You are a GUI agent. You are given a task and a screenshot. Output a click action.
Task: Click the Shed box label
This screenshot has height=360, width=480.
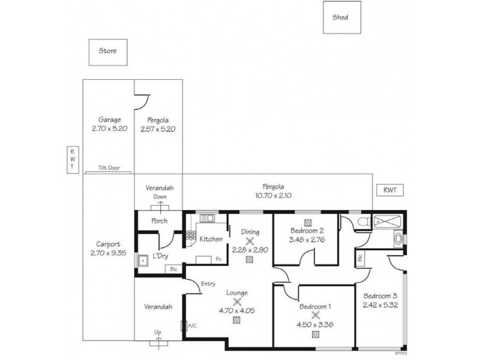(x=340, y=17)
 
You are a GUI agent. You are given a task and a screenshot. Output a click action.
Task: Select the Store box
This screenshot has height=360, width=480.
(x=107, y=52)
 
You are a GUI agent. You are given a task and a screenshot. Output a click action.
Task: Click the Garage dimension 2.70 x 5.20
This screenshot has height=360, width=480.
(x=109, y=129)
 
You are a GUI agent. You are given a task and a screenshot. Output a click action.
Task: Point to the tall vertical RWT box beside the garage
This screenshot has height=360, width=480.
(x=71, y=160)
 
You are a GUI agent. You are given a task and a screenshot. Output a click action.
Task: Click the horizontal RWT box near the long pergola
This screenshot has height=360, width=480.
(x=390, y=190)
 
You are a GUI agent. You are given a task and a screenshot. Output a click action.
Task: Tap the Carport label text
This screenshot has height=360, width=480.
(x=109, y=244)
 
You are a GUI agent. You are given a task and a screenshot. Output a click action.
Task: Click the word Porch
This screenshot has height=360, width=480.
(x=159, y=221)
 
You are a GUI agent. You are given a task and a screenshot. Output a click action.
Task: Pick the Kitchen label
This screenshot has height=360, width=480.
(x=211, y=239)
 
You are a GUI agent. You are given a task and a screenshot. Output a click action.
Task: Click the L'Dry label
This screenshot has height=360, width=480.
(x=160, y=256)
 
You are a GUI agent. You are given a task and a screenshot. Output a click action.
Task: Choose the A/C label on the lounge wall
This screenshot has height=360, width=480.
(x=192, y=326)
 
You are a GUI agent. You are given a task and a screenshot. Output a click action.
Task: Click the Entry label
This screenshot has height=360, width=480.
(x=208, y=284)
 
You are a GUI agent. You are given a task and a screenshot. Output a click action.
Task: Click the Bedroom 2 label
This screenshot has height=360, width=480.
(x=307, y=231)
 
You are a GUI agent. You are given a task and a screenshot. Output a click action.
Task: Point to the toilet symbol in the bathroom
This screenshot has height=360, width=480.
(x=361, y=221)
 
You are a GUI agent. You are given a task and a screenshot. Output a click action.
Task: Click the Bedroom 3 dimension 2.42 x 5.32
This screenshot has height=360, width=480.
(x=380, y=305)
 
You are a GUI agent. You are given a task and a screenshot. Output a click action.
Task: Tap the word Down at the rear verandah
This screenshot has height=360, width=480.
(x=160, y=196)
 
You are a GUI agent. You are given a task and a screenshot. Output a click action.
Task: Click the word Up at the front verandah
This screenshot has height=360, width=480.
(x=159, y=332)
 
